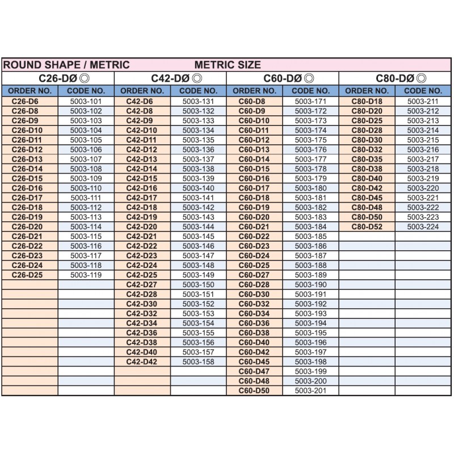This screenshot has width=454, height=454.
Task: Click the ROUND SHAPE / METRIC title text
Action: tap(66, 65)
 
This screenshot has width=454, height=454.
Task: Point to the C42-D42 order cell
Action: tap(141, 361)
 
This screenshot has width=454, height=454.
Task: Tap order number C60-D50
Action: tap(254, 390)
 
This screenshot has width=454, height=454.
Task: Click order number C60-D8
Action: tap(254, 101)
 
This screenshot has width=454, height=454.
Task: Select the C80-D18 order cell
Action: tap(367, 101)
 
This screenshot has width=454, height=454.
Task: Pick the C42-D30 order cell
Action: tap(141, 304)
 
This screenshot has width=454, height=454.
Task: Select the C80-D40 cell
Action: tap(367, 178)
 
